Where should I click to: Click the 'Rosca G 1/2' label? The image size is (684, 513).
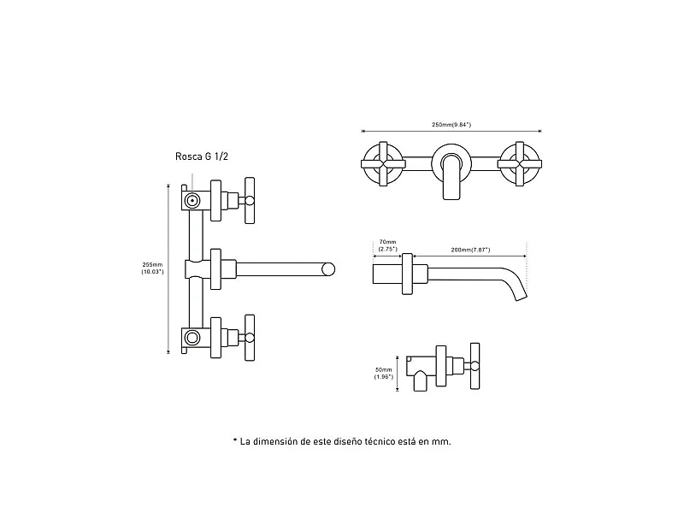click(x=201, y=156)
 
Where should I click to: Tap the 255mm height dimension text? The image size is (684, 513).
click(x=152, y=267)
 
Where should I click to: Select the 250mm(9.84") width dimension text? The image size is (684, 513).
click(x=451, y=126)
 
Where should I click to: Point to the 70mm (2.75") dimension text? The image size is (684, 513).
click(x=386, y=245)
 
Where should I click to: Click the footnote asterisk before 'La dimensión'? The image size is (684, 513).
click(x=233, y=442)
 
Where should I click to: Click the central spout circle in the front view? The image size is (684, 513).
click(x=450, y=159)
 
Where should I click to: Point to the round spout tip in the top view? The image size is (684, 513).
click(x=327, y=270)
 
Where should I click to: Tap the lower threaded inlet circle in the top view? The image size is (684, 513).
click(x=193, y=337)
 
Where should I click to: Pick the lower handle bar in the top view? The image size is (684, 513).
click(x=251, y=337)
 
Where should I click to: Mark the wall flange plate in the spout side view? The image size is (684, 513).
click(x=408, y=274)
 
